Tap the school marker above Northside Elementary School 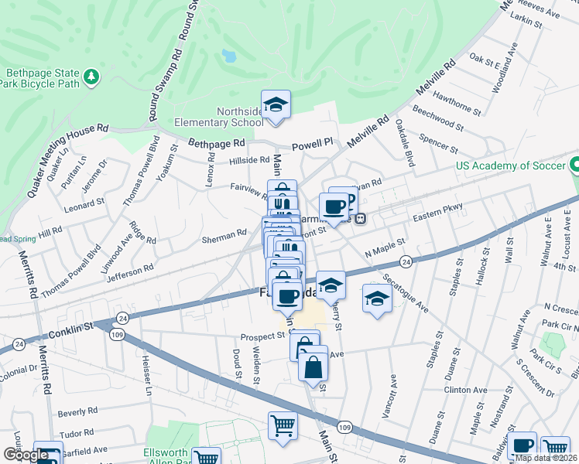click(276, 105)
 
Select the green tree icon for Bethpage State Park click(92, 76)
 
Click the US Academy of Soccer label click(511, 165)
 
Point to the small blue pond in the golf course click(228, 56)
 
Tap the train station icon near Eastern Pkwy click(360, 218)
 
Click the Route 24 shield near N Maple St click(407, 263)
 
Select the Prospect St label click(263, 336)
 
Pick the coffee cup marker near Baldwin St click(524, 446)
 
